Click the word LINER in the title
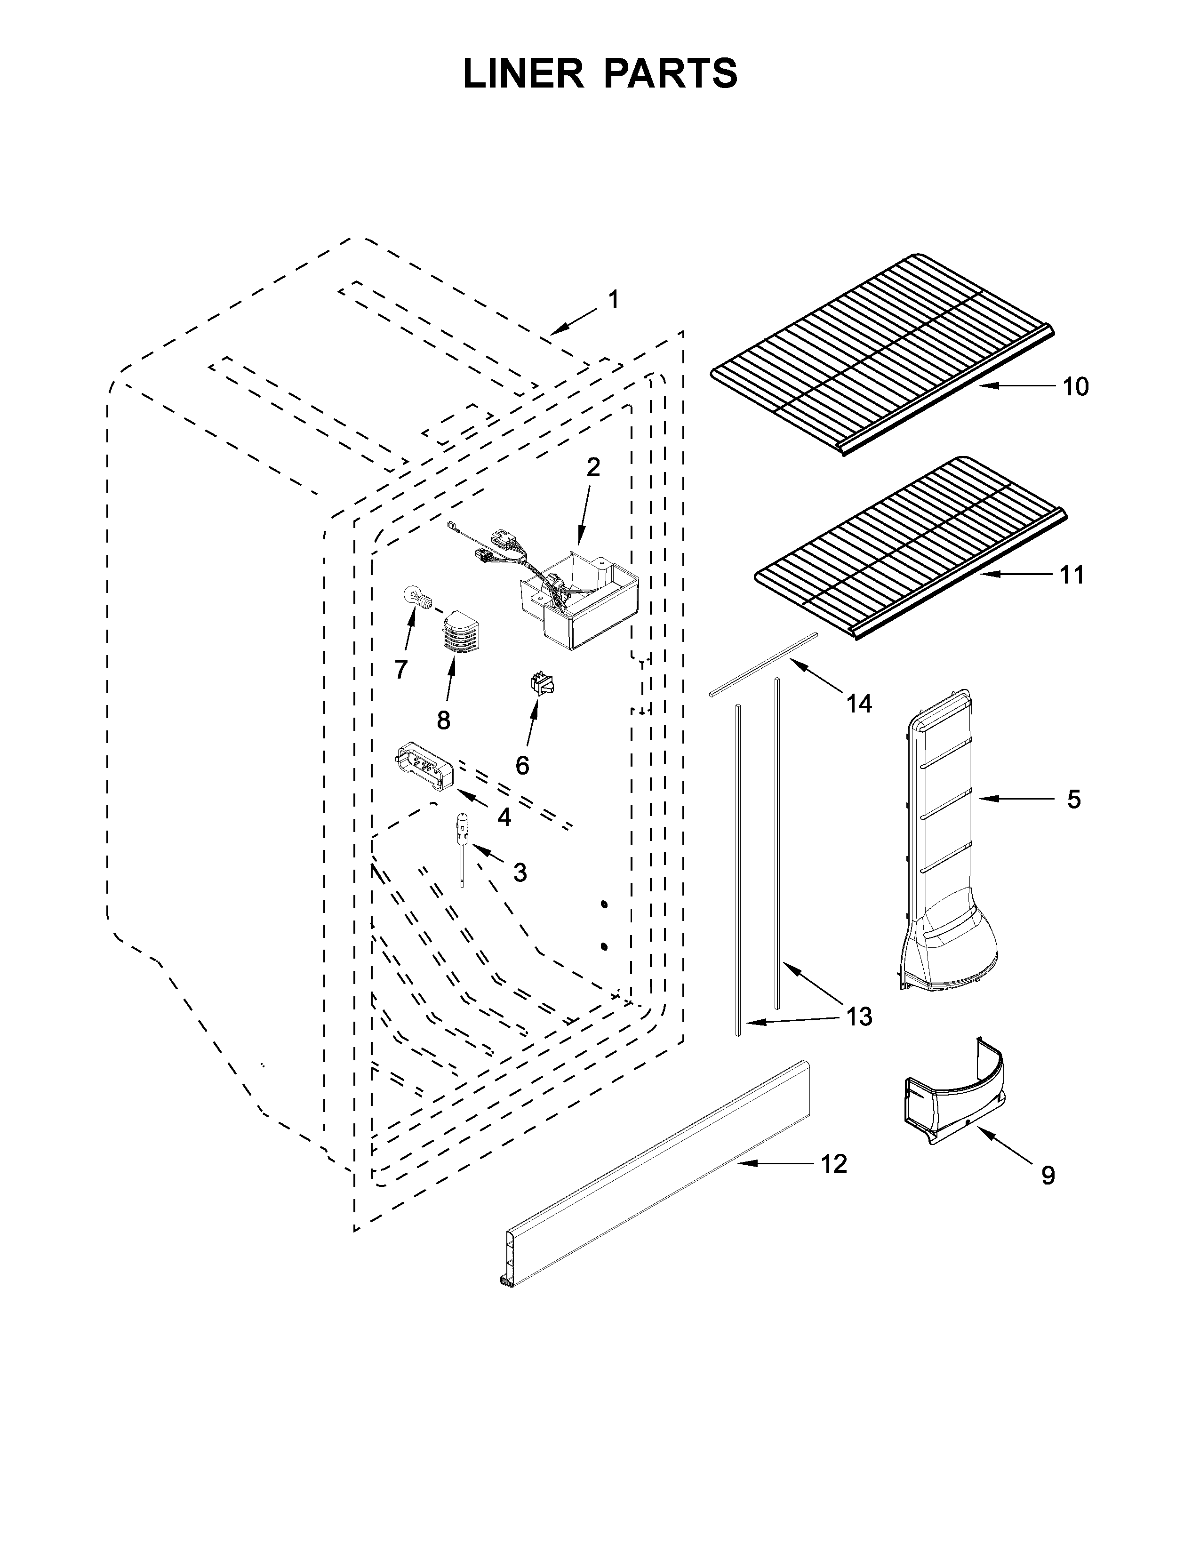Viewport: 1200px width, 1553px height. pos(522,73)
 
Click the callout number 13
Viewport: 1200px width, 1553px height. pos(859,1017)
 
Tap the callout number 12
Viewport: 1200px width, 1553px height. pos(834,1164)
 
